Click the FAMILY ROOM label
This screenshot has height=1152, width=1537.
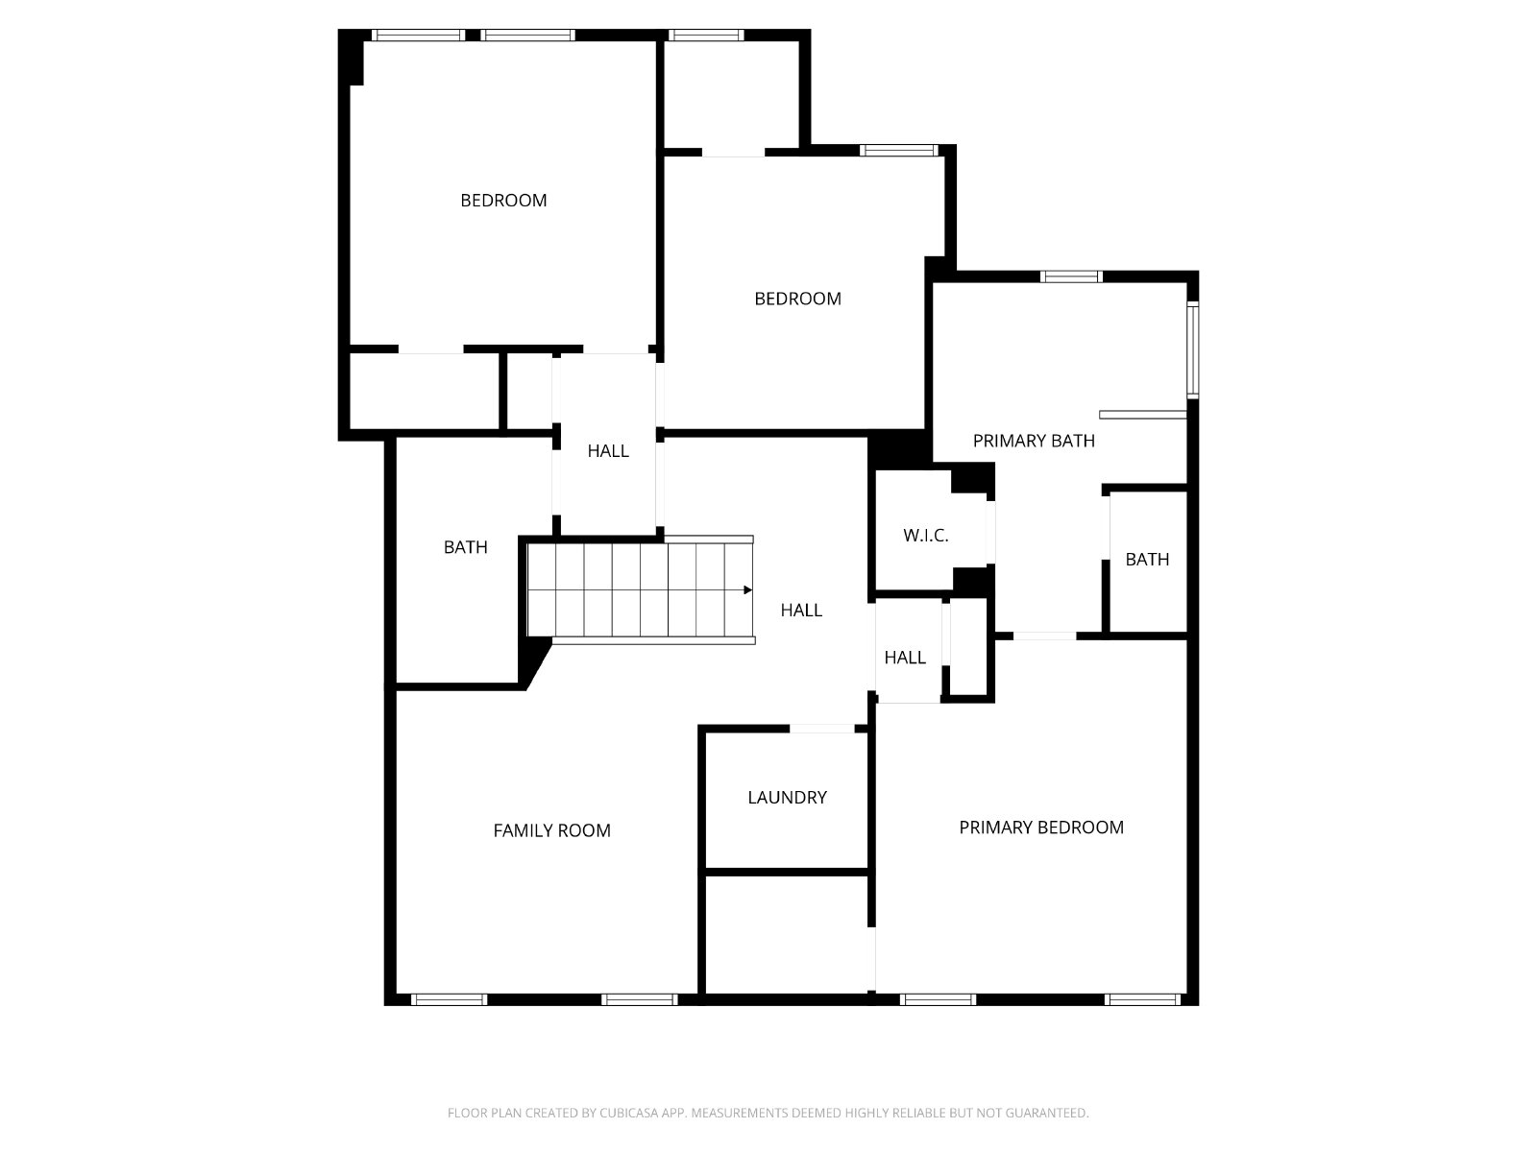[x=551, y=830]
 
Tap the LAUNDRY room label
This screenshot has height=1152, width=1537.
[x=787, y=798]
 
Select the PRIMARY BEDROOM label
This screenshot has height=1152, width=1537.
[x=1041, y=828]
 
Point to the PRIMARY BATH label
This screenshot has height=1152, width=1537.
[x=1034, y=441]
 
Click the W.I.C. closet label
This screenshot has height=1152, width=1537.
[x=926, y=536]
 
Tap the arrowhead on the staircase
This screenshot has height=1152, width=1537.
[x=747, y=590]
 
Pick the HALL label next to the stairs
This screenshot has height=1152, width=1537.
[x=801, y=611]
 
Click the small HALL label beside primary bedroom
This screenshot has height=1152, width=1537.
[x=905, y=658]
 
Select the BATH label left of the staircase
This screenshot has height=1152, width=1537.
[x=466, y=547]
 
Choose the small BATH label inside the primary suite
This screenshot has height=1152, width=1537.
[x=1147, y=560]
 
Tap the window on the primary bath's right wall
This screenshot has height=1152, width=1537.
[x=1192, y=349]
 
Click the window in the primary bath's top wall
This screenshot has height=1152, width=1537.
[x=1071, y=276]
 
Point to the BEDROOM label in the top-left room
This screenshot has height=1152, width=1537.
[x=503, y=201]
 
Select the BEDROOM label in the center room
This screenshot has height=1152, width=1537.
[x=797, y=299]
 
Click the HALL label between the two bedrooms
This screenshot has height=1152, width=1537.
[x=608, y=451]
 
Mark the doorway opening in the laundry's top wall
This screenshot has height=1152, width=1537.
[x=822, y=729]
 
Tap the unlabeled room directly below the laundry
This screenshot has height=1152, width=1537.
[x=787, y=934]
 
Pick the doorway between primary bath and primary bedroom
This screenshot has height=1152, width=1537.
[x=1044, y=636]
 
